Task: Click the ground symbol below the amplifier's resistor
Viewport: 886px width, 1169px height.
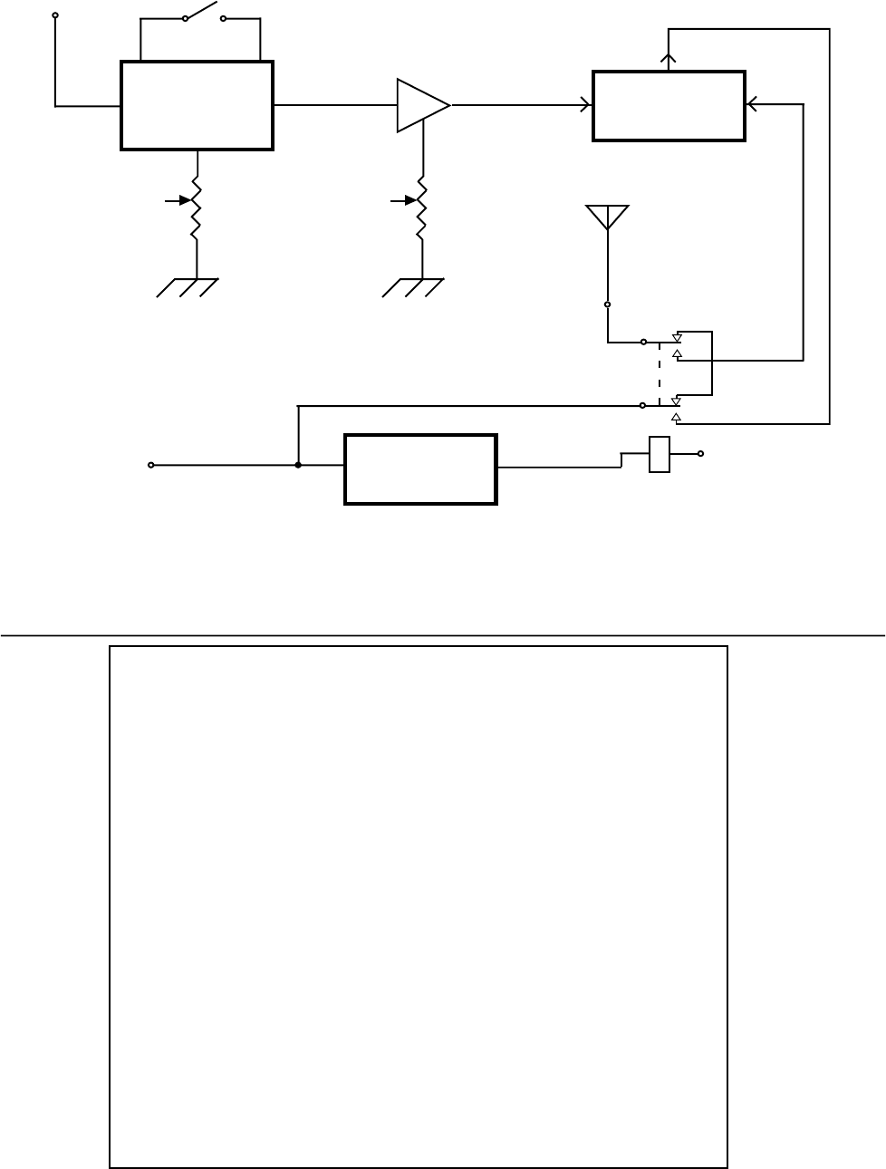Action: pos(413,287)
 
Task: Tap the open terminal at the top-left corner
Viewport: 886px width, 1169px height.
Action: pos(55,15)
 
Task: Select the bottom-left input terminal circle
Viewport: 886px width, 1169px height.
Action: pos(151,466)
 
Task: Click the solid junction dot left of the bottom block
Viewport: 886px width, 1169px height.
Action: pos(298,466)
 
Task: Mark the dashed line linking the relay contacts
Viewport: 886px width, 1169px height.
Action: pos(659,373)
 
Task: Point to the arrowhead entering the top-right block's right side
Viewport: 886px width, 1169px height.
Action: pos(751,105)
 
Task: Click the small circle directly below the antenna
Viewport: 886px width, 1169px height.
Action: pos(607,305)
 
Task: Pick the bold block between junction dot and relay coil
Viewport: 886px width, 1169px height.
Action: pos(420,469)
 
